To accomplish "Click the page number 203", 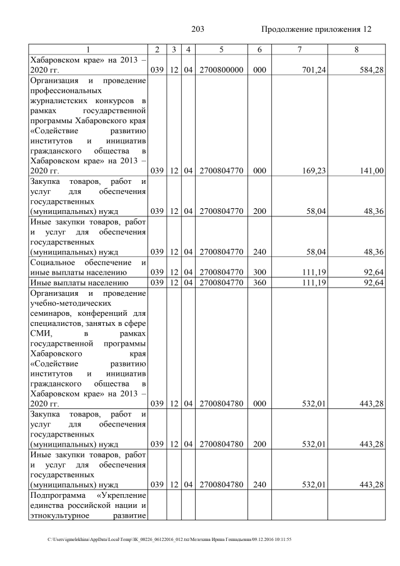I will tap(198, 29).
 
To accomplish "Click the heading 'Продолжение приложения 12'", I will tap(316, 29).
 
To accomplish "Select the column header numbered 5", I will tap(221, 49).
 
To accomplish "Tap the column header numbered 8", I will tap(357, 49).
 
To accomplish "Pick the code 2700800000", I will tap(221, 69).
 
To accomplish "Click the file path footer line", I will tap(169, 539).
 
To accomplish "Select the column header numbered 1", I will tap(88, 49).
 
